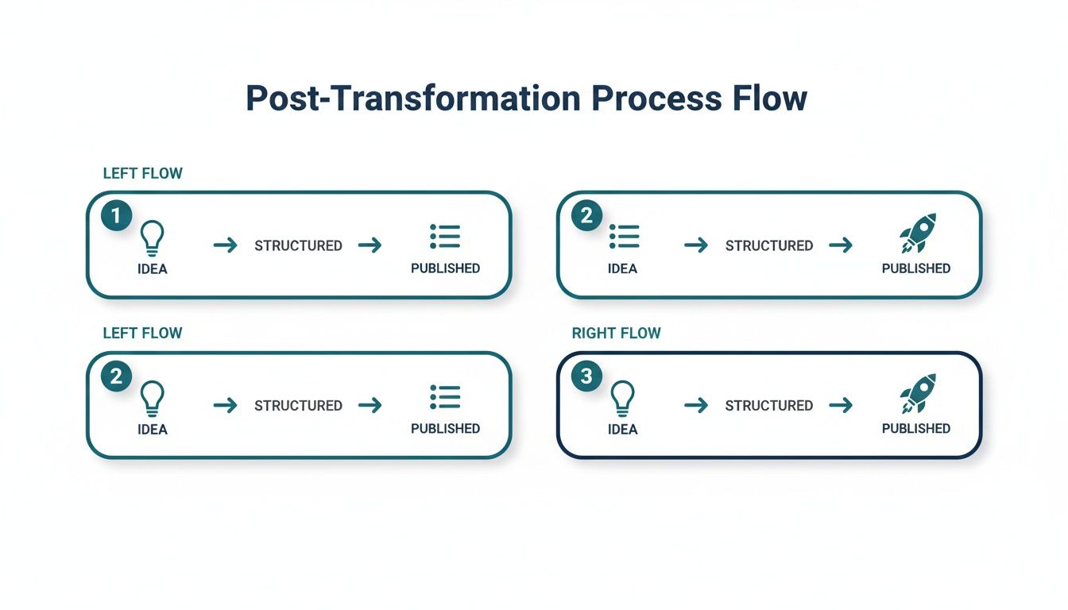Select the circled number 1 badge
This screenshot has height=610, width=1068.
[x=116, y=215]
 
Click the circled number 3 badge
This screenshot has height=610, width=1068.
[x=586, y=376]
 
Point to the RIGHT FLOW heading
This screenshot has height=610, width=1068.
[x=616, y=334]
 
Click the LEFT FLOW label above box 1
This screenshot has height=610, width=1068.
[x=142, y=173]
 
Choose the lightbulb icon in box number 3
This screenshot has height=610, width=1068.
[x=622, y=396]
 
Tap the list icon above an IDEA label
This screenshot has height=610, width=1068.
[x=624, y=236]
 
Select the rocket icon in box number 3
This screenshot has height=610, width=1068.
[x=918, y=393]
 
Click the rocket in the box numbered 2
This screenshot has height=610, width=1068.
[x=918, y=233]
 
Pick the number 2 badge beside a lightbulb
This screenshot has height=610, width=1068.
[x=116, y=376]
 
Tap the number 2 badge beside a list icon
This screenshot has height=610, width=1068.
[x=586, y=215]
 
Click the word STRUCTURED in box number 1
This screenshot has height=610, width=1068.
[x=298, y=245]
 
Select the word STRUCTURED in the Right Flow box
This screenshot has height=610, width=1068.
[x=768, y=406]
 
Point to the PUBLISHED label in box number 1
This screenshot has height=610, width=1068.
[x=445, y=268]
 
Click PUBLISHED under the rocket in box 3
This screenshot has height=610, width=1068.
[x=915, y=428]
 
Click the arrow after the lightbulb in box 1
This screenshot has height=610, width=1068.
[x=226, y=245]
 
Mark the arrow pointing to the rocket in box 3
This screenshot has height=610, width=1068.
[x=841, y=406]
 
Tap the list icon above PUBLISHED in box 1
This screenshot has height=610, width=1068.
[x=445, y=236]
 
